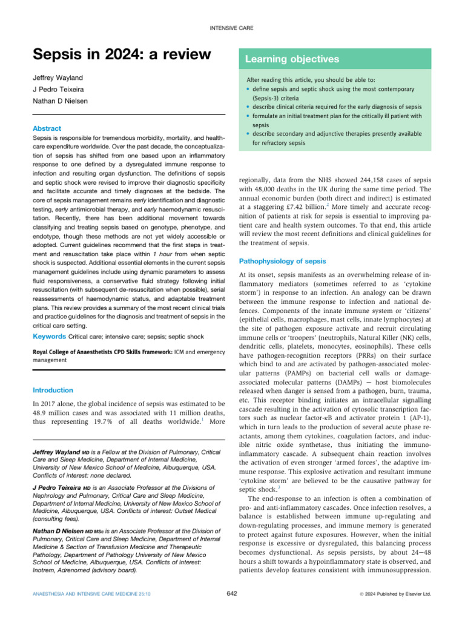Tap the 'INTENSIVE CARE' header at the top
[x=232, y=28]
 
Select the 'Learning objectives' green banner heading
[x=292, y=59]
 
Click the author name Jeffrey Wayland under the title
[x=58, y=79]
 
